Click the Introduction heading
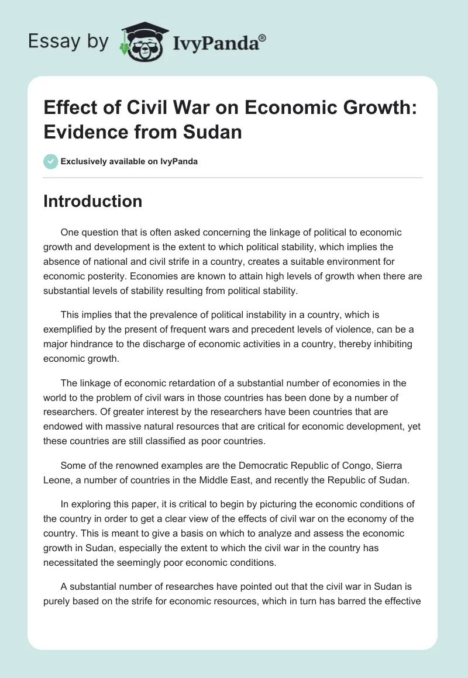click(x=93, y=201)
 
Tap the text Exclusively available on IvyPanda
click(x=129, y=161)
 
